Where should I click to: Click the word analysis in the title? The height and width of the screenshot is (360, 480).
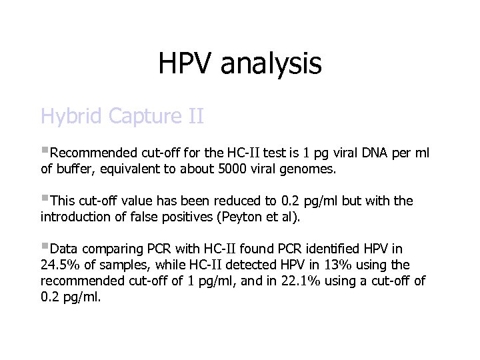[271, 64]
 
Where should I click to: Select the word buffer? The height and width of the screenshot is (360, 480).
[76, 169]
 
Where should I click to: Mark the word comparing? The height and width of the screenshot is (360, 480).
[111, 249]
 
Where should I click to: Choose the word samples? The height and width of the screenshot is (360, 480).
[124, 265]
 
